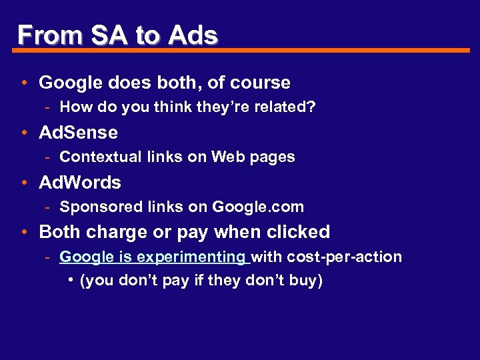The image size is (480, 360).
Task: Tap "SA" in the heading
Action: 109,35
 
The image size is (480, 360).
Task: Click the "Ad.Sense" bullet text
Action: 79,133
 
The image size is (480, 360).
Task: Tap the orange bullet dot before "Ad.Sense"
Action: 23,133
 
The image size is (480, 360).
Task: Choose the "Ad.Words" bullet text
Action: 80,182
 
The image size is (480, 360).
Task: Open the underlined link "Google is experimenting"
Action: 153,257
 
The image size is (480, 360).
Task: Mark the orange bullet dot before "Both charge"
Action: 23,232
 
